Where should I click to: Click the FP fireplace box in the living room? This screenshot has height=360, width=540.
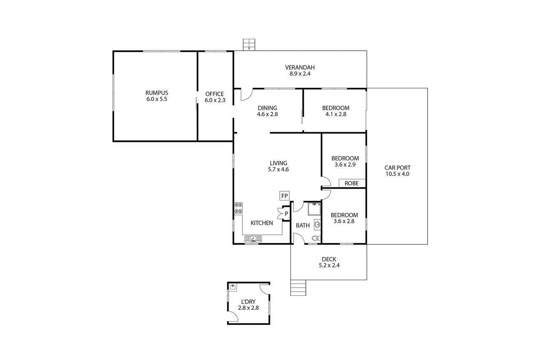tap(284, 196)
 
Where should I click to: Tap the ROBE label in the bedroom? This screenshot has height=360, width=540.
tap(352, 183)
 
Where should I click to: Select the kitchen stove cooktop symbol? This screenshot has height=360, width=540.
tap(238, 208)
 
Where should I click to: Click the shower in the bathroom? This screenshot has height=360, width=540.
tap(314, 209)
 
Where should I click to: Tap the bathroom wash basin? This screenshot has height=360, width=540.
tap(317, 225)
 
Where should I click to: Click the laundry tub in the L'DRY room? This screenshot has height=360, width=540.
tap(233, 287)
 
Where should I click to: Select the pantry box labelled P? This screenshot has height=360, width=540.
tap(286, 214)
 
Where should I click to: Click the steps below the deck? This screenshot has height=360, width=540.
tap(298, 288)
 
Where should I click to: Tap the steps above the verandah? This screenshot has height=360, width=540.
tap(249, 44)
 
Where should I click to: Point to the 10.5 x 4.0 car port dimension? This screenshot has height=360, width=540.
tap(397, 173)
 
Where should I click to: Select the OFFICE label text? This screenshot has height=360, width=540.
tap(214, 94)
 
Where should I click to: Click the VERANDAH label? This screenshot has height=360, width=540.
tap(300, 67)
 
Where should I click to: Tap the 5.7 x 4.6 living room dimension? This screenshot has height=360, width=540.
tap(278, 169)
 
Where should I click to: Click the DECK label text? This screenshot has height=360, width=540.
tap(329, 259)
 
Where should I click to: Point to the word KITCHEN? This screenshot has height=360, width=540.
tap(262, 223)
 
